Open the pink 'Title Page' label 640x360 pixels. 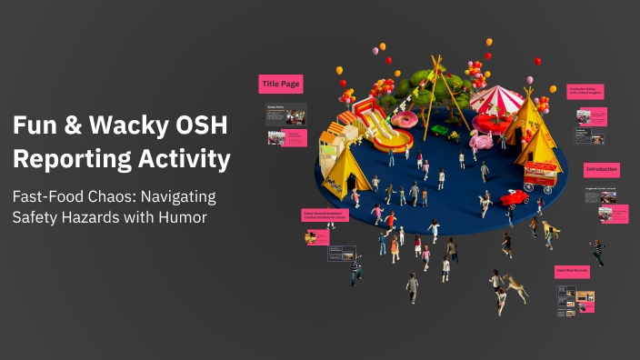point(280,84)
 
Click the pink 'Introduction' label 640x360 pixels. point(602,169)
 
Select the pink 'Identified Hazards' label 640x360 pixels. point(573,271)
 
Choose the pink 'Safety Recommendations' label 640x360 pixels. point(326,215)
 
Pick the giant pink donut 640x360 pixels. point(406,118)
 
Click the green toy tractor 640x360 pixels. point(442,130)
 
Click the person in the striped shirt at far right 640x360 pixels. point(596,252)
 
